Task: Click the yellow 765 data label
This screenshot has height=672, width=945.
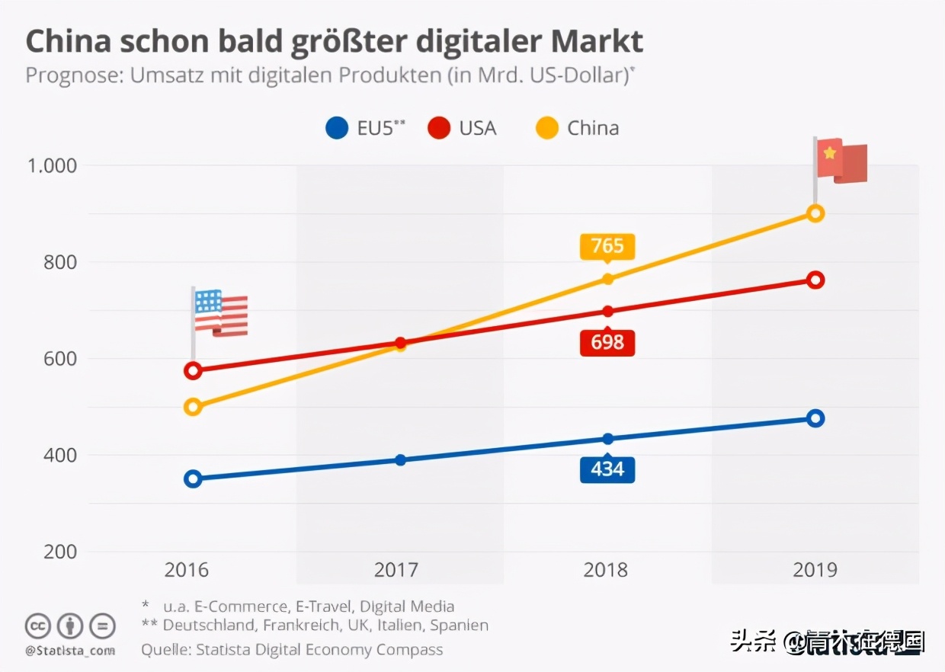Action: (607, 246)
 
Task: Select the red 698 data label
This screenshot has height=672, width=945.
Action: (607, 342)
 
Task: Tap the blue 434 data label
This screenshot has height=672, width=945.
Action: (607, 469)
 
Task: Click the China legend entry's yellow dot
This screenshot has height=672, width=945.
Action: (547, 128)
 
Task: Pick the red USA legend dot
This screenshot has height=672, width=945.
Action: (439, 128)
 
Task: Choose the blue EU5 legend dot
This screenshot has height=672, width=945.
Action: (337, 128)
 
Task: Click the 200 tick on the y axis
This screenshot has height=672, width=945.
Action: (59, 552)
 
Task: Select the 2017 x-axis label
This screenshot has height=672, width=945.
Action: (396, 570)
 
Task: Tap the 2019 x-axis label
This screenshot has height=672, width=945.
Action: (815, 570)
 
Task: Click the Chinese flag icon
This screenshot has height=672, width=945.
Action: (841, 161)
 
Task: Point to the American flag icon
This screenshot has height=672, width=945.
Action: (219, 313)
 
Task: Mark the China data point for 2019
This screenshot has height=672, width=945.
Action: (815, 213)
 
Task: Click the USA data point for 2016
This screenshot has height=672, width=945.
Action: (193, 371)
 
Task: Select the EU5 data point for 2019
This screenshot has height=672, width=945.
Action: (815, 418)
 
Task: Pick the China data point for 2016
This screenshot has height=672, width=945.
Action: (193, 407)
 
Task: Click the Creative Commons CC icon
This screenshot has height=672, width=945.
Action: (37, 626)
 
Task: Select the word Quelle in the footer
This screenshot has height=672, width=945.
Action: (165, 650)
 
